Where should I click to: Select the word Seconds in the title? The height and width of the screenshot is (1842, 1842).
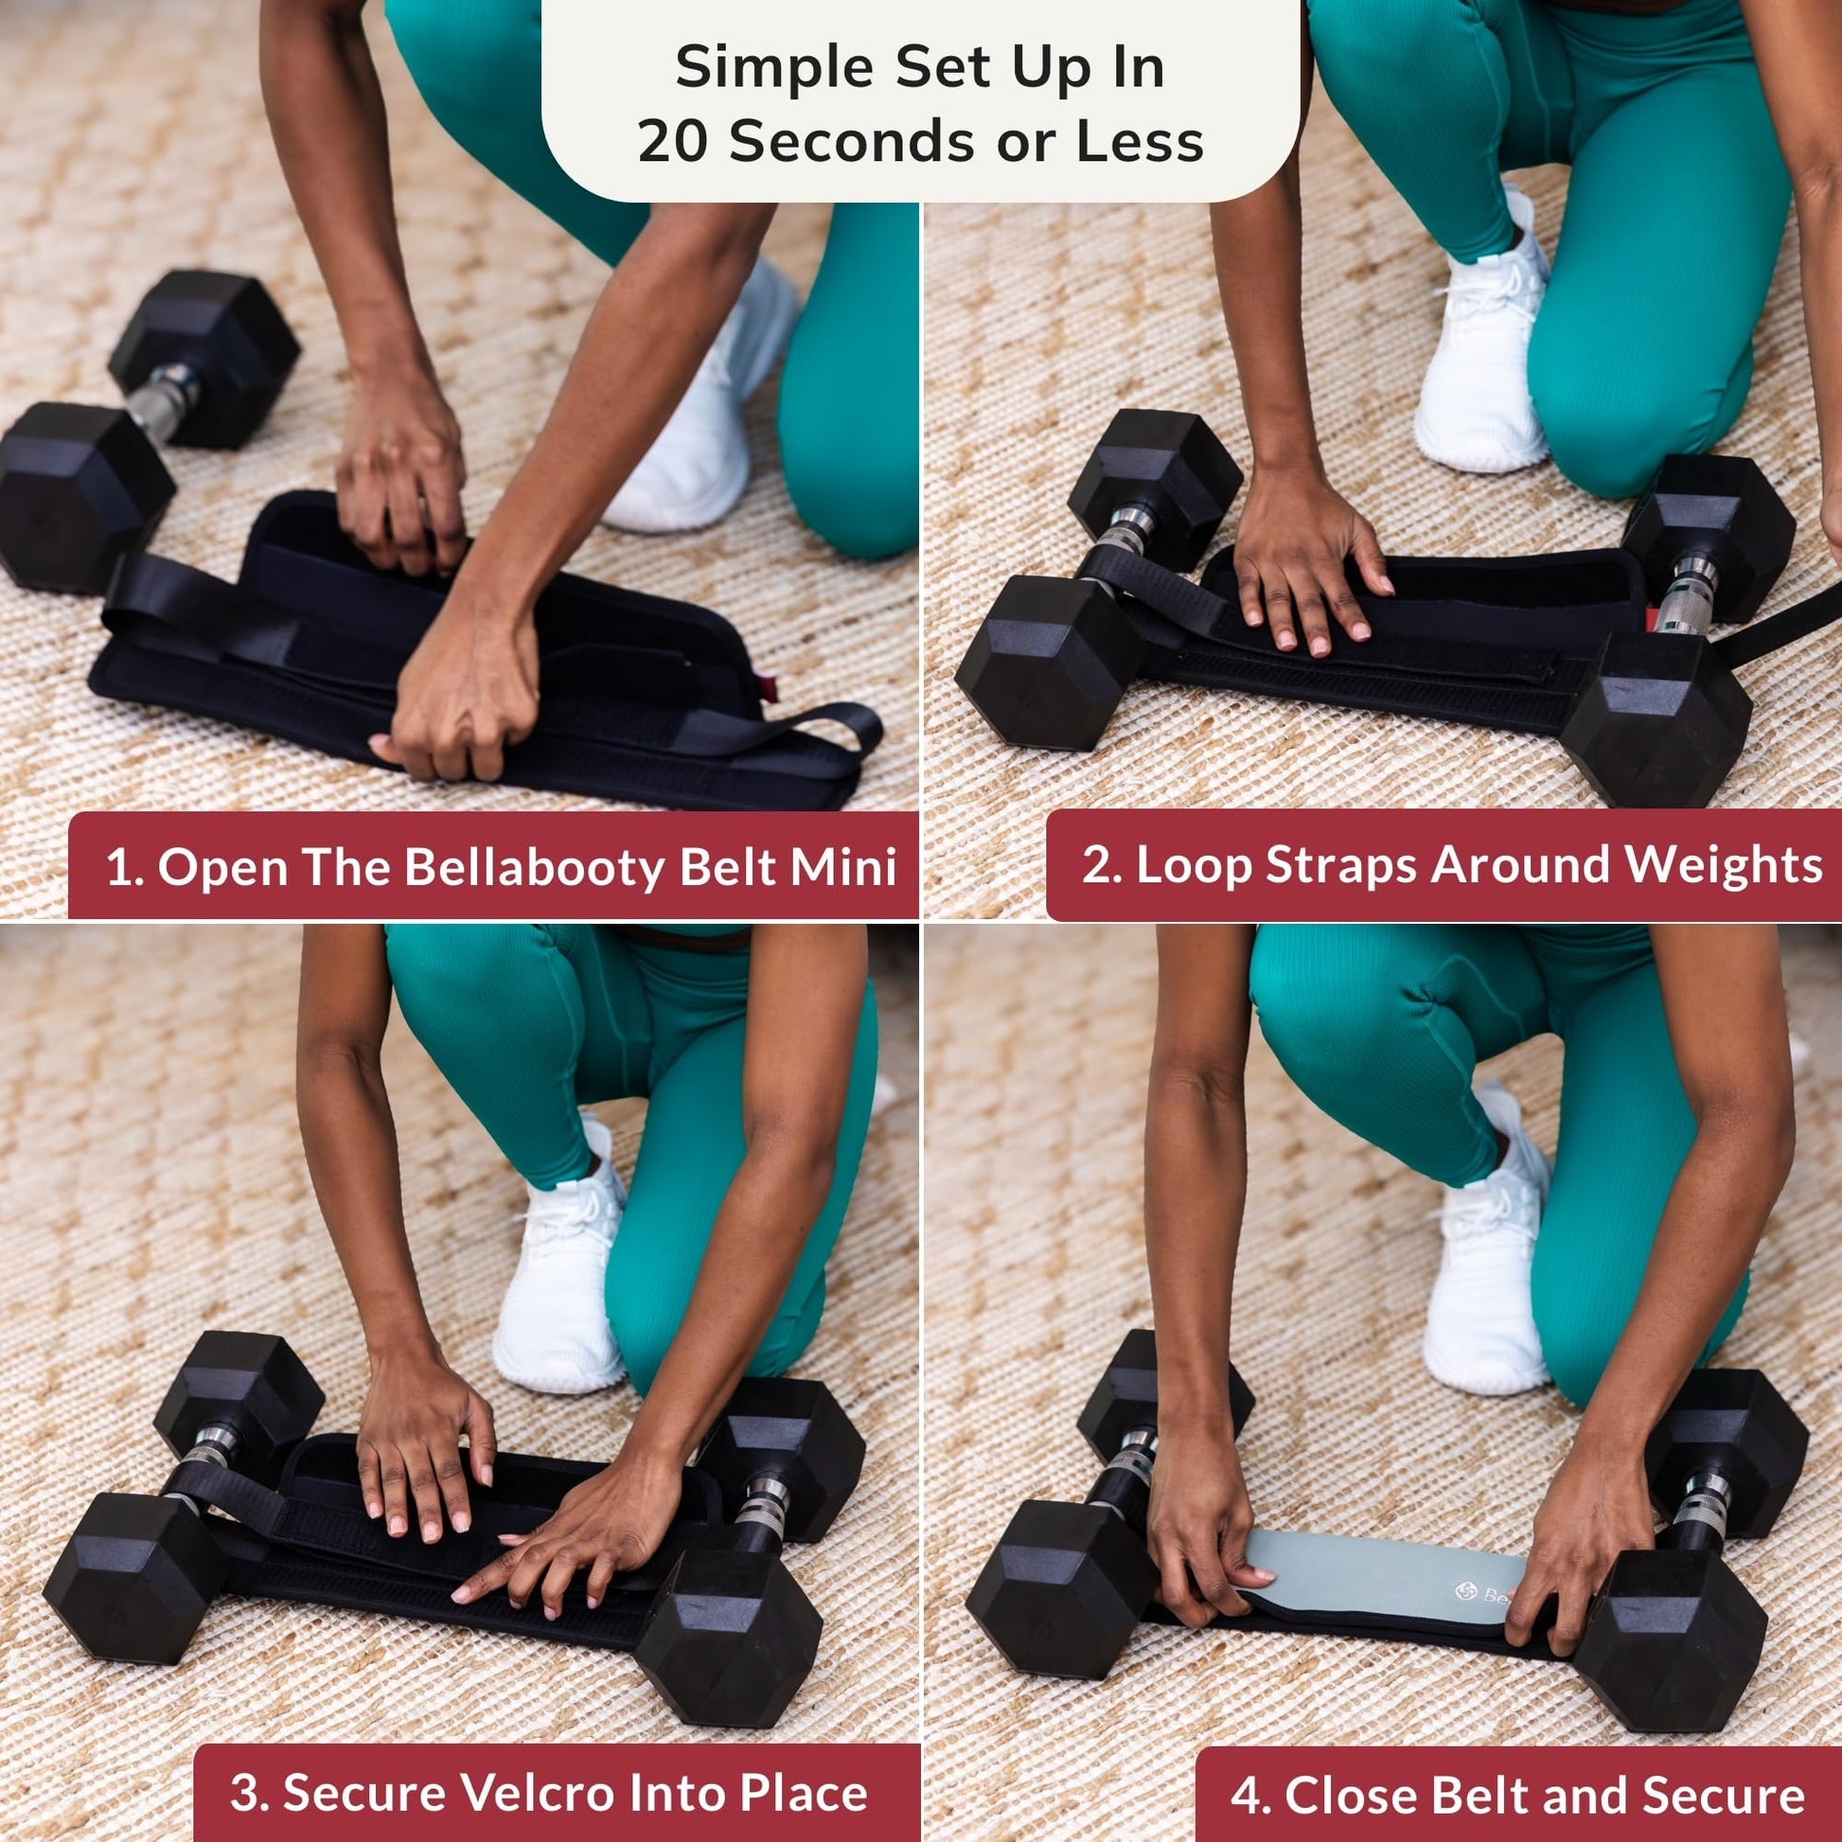click(852, 141)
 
